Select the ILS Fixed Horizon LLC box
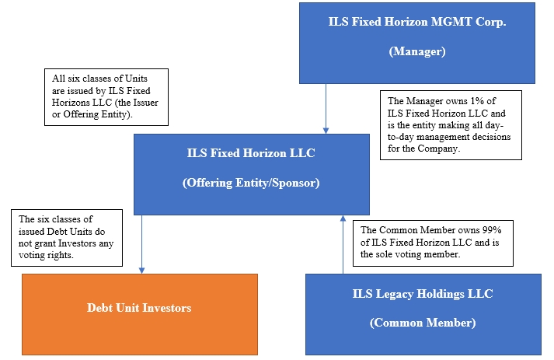[x=251, y=174]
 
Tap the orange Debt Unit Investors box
[x=139, y=309]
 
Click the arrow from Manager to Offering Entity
[x=326, y=108]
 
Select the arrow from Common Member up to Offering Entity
[x=343, y=244]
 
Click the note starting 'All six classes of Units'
[x=106, y=96]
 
